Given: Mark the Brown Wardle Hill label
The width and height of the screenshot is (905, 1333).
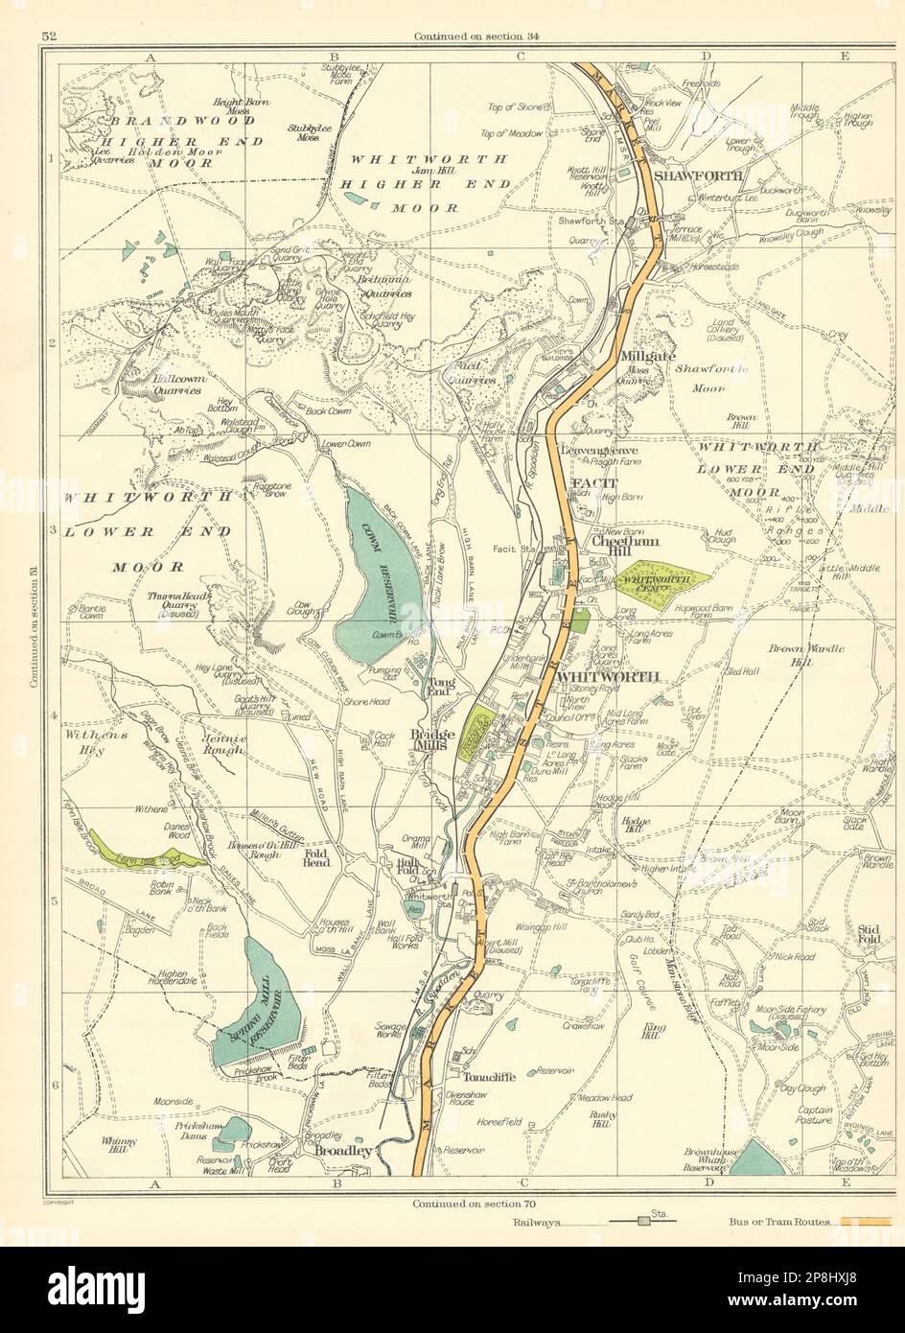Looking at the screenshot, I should click(x=805, y=655).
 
